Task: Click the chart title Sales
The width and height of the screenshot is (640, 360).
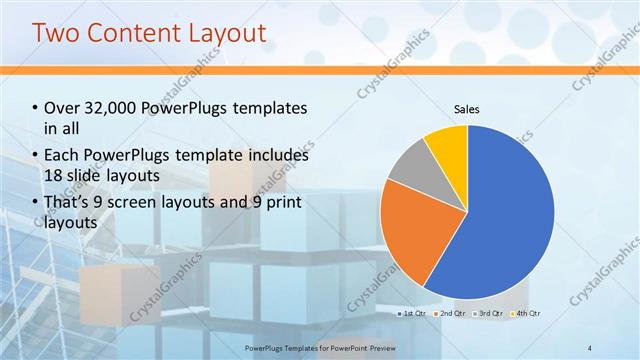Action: coord(467,108)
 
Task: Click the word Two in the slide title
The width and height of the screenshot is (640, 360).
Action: coord(56,32)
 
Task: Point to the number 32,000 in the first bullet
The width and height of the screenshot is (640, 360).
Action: coord(109,108)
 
